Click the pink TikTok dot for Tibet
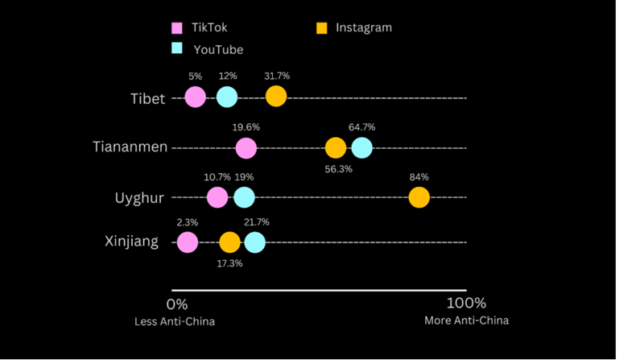pos(195,97)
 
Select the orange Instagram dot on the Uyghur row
pos(419,197)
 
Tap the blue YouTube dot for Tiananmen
pos(362,147)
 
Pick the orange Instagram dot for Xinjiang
pos(229,242)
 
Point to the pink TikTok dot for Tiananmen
pos(246,147)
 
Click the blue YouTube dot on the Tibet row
pos(227,97)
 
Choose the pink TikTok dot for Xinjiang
pos(187,242)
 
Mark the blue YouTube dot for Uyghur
pos(244,197)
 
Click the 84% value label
pos(419,176)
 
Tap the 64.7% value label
pos(362,127)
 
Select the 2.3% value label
pos(187,222)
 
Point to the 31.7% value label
pos(276,77)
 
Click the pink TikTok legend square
pos(177,28)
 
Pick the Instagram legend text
pos(364,27)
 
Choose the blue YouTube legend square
pos(177,48)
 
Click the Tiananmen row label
pos(130,147)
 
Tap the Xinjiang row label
pos(131,242)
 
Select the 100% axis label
pos(466,303)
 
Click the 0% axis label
pos(176,304)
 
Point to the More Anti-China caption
pos(466,321)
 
